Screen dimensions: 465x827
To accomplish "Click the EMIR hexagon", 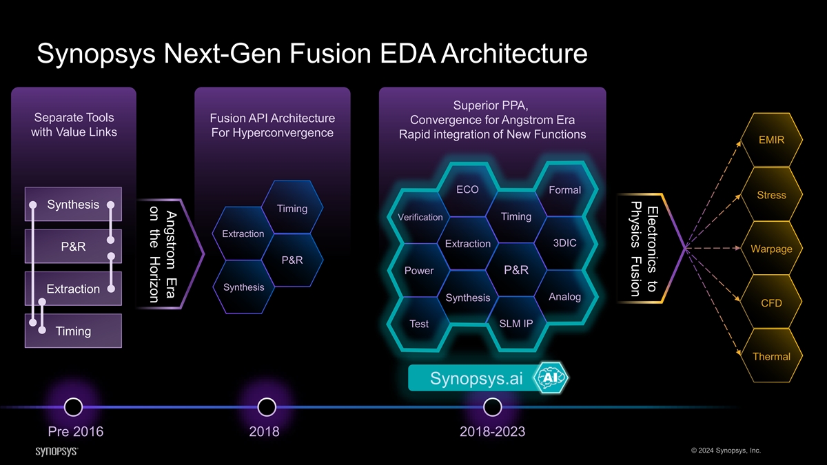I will point(771,141).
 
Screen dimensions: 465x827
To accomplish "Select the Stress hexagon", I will point(771,195).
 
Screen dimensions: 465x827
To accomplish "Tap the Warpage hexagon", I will point(771,249).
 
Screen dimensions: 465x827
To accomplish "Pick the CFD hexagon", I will point(771,303).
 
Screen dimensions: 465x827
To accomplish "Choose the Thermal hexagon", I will point(771,357).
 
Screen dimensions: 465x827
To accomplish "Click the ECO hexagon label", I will point(467,189).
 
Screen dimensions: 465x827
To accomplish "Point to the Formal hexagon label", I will point(564,190).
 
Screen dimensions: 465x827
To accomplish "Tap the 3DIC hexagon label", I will point(564,243).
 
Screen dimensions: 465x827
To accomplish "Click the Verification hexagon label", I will point(420,217).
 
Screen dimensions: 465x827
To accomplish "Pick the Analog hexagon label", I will point(564,297).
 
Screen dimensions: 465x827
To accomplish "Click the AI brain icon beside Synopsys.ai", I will point(551,378).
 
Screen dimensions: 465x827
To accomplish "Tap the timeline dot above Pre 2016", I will point(73,407).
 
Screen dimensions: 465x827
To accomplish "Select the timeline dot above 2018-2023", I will point(492,407).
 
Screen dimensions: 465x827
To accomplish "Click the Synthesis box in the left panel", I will point(73,205).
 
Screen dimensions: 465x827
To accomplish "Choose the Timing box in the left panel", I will point(73,331).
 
